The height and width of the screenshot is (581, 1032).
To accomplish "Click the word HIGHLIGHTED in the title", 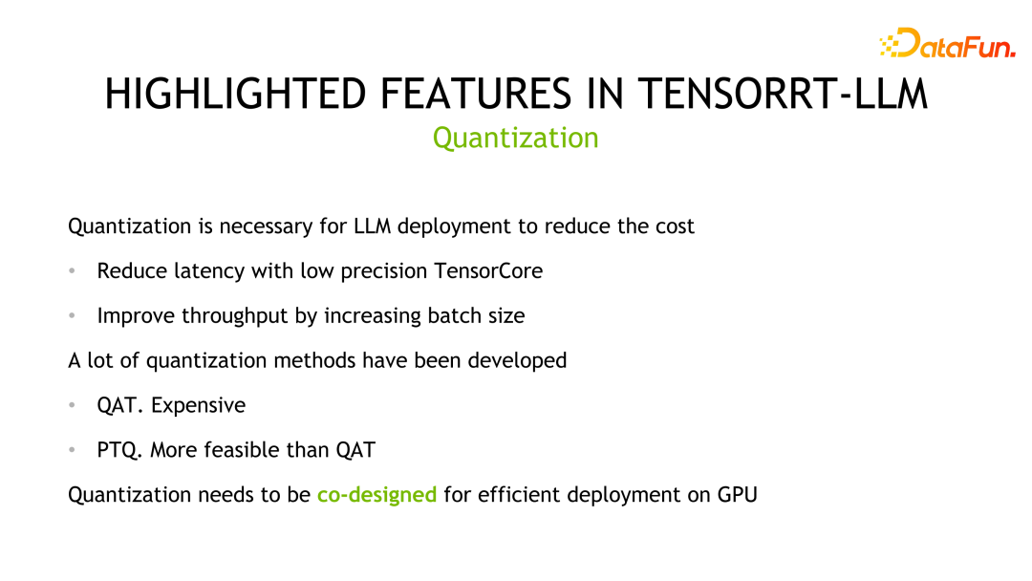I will (235, 95).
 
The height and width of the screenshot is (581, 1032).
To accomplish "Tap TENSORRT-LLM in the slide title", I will (782, 95).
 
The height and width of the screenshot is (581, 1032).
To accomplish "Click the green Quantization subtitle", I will (515, 138).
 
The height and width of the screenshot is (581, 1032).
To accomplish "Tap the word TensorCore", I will (488, 271).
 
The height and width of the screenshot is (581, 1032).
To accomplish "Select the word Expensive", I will (198, 405).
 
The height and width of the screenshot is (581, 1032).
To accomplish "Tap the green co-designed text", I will (376, 495).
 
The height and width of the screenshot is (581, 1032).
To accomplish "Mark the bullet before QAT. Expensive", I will (73, 406).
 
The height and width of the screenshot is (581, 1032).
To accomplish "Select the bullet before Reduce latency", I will (73, 272).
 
